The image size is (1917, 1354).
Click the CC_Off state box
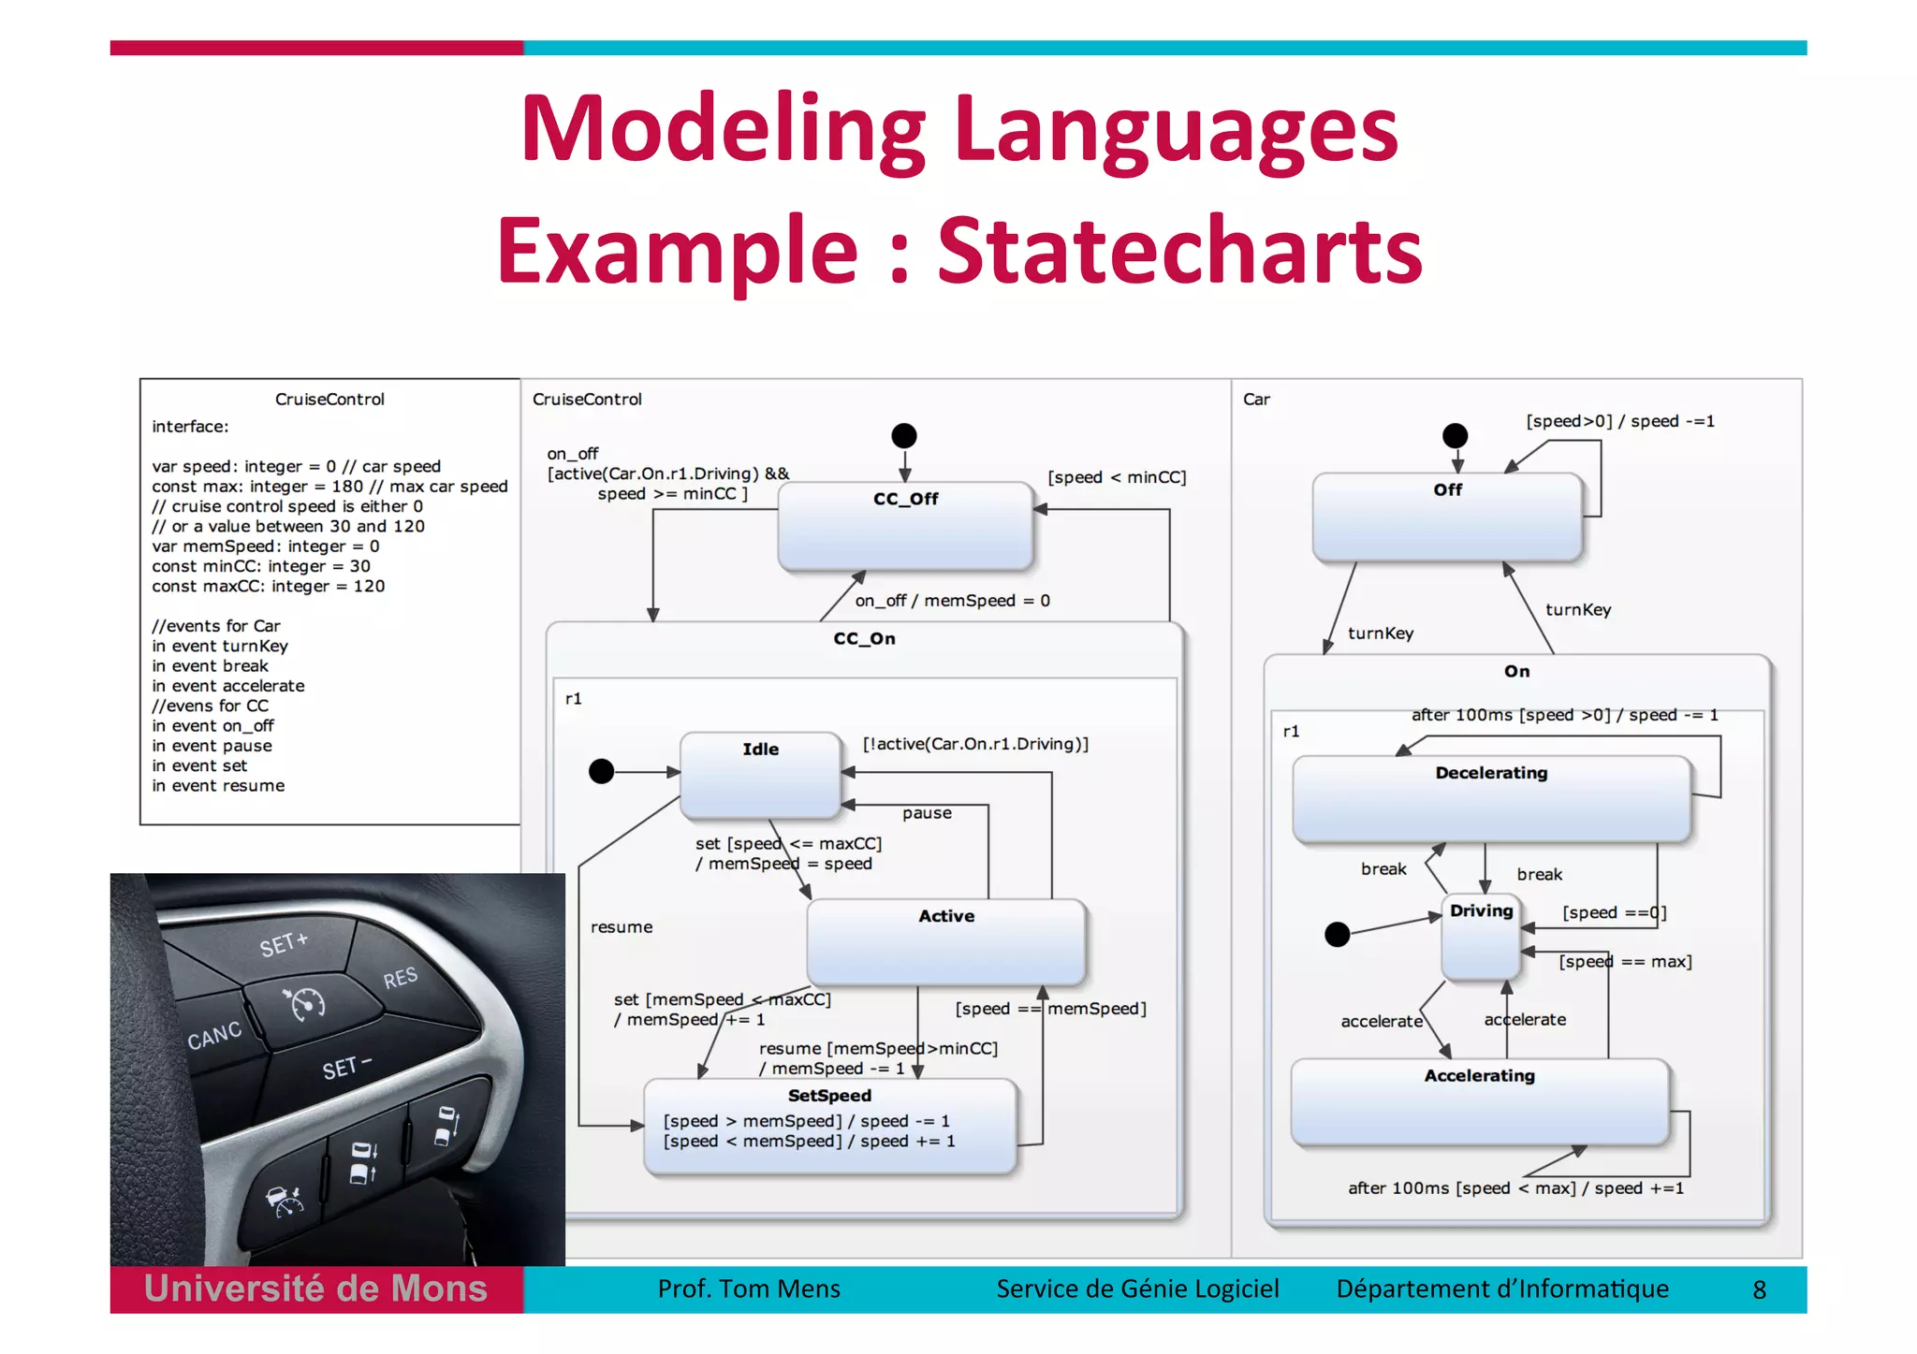tap(905, 527)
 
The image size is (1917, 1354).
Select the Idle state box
tap(760, 776)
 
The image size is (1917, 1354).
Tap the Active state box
tap(945, 942)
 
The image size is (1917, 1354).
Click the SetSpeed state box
tap(829, 1126)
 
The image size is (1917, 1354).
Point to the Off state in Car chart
tap(1447, 517)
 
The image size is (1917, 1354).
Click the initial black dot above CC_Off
tap(904, 435)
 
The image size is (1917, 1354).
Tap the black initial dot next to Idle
tap(601, 771)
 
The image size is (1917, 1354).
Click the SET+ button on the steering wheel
tap(283, 944)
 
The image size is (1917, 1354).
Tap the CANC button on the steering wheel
tap(214, 1035)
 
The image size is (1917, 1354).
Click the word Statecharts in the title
tap(1179, 250)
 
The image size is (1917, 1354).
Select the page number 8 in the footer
tap(1759, 1289)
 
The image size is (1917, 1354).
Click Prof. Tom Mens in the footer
tap(749, 1289)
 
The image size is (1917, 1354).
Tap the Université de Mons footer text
tap(315, 1289)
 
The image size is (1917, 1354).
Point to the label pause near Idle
tap(927, 813)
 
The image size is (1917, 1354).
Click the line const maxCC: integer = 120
tap(269, 586)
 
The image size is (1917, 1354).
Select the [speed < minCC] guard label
tap(1116, 477)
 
